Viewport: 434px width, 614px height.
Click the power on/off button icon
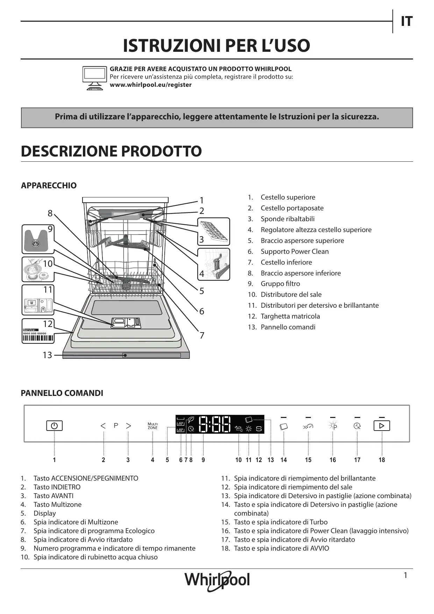tap(54, 426)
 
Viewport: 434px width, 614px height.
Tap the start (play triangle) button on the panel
tap(382, 426)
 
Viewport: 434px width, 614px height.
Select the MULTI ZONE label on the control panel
tap(152, 426)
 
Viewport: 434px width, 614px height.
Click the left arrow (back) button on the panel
tap(103, 426)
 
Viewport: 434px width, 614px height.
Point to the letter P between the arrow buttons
tap(116, 425)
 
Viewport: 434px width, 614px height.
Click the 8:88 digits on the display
tap(215, 424)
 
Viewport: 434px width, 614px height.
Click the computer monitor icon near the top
tap(95, 78)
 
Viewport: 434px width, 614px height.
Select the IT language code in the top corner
tap(406, 22)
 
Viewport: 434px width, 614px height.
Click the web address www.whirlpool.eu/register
tap(151, 85)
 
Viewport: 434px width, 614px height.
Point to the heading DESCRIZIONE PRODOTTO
tap(111, 151)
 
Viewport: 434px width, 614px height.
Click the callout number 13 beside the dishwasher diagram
tap(47, 355)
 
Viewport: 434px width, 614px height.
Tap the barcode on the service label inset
tap(38, 338)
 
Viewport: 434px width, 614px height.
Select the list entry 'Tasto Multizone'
tap(57, 504)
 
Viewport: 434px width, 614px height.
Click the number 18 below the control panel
tap(382, 460)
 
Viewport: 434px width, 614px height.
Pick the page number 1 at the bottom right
tap(405, 575)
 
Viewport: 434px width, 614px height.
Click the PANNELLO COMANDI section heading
tap(62, 393)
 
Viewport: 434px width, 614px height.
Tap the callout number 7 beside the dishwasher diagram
tap(202, 335)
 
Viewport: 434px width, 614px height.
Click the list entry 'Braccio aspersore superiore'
tap(302, 240)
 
